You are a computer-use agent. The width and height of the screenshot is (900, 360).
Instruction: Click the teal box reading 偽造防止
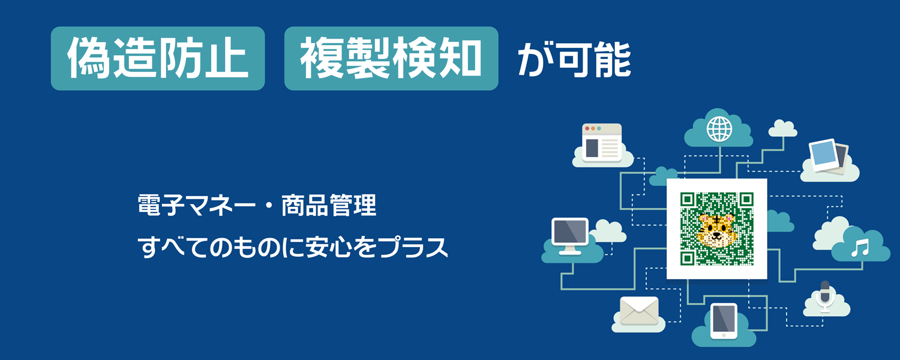158,58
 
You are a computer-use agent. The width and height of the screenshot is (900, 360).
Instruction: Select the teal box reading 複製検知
391,58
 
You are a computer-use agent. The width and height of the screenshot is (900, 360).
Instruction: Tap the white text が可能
575,59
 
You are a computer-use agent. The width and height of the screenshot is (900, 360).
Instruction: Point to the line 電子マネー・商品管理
257,205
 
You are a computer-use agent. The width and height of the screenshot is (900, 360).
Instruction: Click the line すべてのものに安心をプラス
293,246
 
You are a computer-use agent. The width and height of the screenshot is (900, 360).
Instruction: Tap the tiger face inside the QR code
716,230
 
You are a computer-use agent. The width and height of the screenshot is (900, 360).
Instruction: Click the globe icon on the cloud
719,129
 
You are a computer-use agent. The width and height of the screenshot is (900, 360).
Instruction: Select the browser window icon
602,143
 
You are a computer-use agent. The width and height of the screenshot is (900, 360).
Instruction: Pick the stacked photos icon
829,157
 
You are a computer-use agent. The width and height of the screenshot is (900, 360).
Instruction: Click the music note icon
860,248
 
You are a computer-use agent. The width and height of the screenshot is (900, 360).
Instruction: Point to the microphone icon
825,297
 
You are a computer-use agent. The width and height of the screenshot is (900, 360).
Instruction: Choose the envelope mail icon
639,311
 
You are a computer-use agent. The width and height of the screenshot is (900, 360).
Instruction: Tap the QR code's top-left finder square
688,199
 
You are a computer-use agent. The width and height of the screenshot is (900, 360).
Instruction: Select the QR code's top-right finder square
746,199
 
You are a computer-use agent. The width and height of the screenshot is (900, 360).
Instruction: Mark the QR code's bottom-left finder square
688,258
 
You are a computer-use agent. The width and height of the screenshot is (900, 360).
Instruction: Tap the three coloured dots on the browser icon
593,128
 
